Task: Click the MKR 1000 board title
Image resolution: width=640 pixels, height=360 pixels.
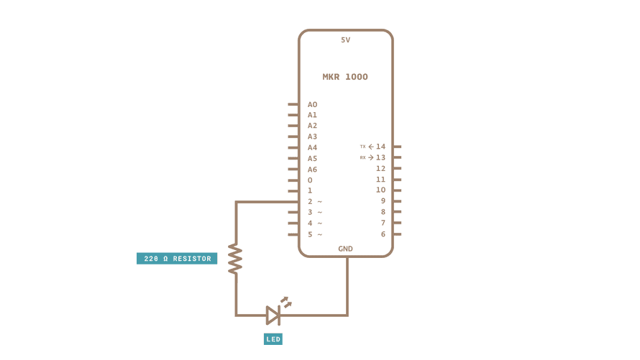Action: tap(345, 77)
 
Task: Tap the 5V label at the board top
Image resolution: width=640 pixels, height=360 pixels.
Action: tap(345, 40)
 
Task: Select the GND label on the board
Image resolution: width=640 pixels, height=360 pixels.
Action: tap(345, 249)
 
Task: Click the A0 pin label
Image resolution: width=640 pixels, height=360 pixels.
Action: tap(312, 104)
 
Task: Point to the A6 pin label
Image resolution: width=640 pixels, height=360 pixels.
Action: tap(312, 169)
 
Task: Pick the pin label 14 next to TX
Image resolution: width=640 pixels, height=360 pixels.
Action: tap(380, 147)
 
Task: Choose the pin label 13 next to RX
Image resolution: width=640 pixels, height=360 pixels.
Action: tap(380, 157)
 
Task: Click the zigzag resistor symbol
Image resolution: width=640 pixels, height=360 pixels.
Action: tap(235, 258)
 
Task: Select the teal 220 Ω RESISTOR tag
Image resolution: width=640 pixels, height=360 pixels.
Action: tap(177, 258)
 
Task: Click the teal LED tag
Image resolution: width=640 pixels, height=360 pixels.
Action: tap(273, 338)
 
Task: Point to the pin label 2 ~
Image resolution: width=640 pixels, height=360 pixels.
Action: tap(314, 201)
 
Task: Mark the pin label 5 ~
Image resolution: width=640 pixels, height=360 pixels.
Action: tap(314, 234)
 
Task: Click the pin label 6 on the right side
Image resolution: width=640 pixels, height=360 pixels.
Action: tap(383, 234)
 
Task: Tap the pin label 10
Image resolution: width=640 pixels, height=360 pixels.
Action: tap(380, 190)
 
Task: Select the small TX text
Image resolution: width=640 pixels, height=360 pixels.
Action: tap(362, 147)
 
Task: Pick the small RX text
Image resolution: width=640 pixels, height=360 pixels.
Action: tap(362, 157)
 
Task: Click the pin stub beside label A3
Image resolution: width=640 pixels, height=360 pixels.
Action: tap(293, 137)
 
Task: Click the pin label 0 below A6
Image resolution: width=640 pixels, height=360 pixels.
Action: tap(310, 180)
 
